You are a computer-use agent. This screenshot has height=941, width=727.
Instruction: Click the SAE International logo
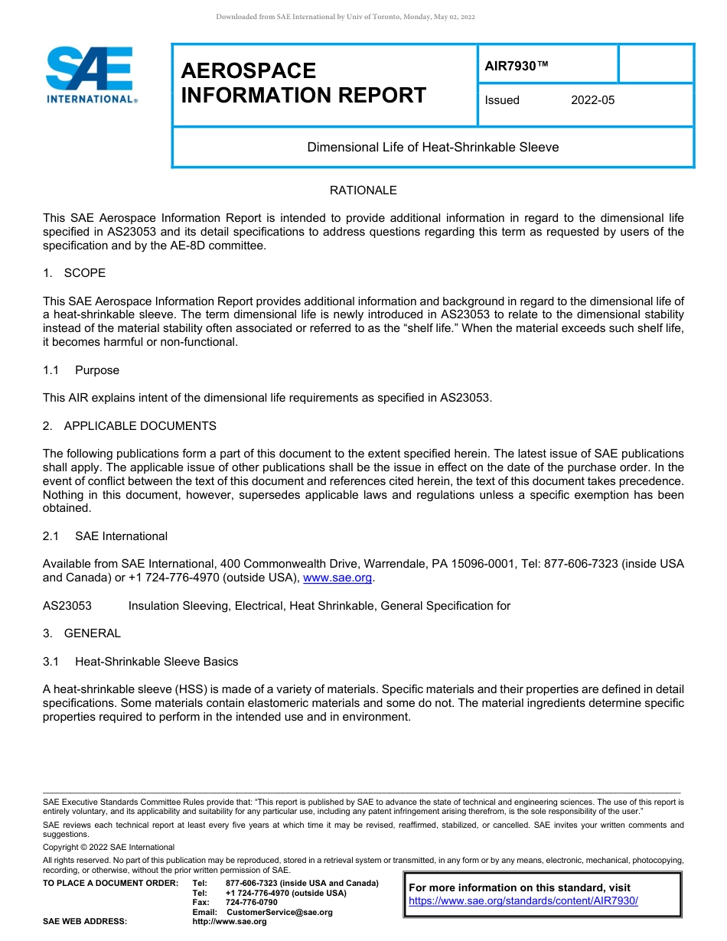(91, 74)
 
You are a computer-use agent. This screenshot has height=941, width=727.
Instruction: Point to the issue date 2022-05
(592, 100)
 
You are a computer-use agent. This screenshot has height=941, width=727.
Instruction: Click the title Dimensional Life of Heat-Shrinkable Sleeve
(432, 147)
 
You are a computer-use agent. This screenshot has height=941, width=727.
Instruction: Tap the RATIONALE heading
(363, 190)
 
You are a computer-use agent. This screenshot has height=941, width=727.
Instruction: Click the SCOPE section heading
(84, 273)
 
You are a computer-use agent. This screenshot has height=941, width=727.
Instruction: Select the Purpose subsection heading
(96, 370)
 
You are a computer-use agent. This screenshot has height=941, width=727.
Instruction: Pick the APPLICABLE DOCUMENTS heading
(139, 426)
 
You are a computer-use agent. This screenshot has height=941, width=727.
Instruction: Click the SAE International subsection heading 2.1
(121, 536)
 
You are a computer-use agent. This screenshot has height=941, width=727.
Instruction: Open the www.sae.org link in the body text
(337, 578)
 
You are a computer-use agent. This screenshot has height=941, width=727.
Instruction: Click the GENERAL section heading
(92, 633)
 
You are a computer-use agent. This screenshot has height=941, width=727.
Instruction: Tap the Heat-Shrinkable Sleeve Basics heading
(156, 662)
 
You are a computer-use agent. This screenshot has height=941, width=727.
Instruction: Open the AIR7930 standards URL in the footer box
(523, 901)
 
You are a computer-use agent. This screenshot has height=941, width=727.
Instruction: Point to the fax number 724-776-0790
(251, 903)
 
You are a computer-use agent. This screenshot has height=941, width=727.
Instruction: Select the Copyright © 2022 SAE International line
(109, 847)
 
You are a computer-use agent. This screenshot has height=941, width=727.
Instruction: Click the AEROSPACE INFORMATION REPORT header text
(303, 83)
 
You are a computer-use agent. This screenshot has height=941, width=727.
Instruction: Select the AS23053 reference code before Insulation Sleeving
(67, 606)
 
